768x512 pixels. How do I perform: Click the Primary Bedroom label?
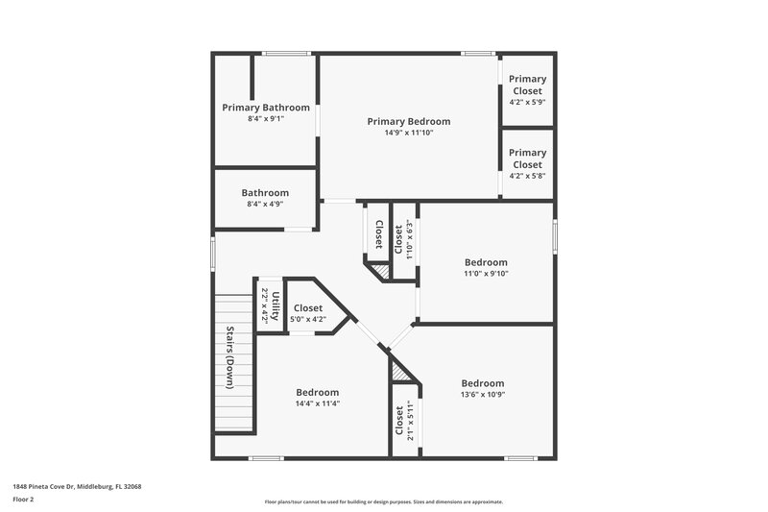pyautogui.click(x=409, y=121)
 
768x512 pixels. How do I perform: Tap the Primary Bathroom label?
pyautogui.click(x=266, y=108)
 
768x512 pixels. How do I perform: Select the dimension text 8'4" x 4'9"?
pyautogui.click(x=266, y=204)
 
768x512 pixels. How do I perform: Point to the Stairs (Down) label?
pyautogui.click(x=230, y=357)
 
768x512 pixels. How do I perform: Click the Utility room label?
pyautogui.click(x=276, y=306)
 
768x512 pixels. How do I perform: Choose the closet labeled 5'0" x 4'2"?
pyautogui.click(x=308, y=308)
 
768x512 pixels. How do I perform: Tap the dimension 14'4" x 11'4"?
pyautogui.click(x=317, y=403)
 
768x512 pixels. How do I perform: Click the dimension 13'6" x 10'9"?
pyautogui.click(x=482, y=394)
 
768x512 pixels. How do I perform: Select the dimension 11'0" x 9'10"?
pyautogui.click(x=486, y=274)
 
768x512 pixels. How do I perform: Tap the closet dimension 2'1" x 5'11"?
pyautogui.click(x=410, y=420)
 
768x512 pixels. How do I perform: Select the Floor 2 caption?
pyautogui.click(x=24, y=500)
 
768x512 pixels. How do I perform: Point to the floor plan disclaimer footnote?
pyautogui.click(x=383, y=501)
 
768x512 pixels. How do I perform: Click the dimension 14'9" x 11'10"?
pyautogui.click(x=409, y=134)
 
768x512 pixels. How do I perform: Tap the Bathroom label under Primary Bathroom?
pyautogui.click(x=265, y=192)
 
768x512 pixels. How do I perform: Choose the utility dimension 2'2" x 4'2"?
pyautogui.click(x=265, y=306)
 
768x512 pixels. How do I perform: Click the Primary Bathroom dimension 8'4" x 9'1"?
pyautogui.click(x=266, y=119)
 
